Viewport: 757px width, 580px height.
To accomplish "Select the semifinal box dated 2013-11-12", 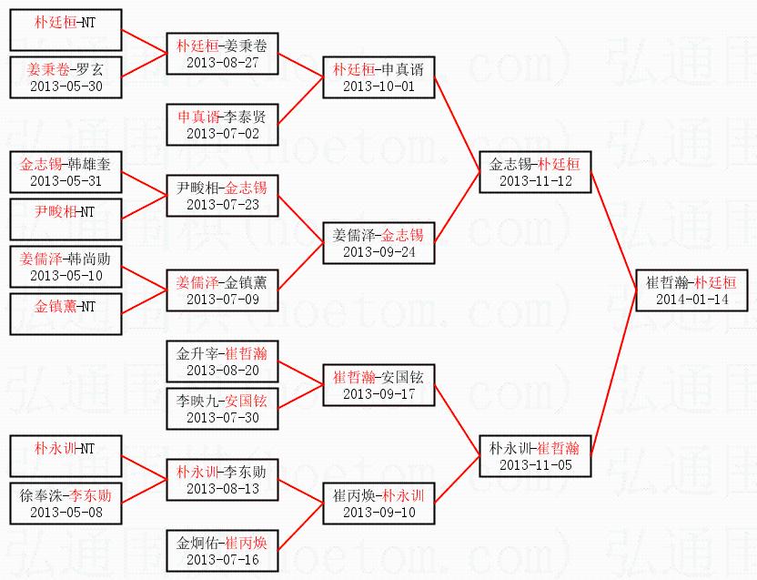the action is [536, 172].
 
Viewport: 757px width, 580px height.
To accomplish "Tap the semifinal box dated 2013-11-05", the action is [536, 455].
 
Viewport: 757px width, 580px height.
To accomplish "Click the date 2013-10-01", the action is [378, 86].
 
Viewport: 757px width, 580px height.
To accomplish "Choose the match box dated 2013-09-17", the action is [378, 385].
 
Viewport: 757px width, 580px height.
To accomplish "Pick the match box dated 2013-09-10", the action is [378, 504].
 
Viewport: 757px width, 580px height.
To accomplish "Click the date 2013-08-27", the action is [222, 62].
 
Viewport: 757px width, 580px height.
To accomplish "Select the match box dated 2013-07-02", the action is [222, 125].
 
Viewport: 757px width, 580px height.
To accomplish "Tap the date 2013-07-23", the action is [222, 204].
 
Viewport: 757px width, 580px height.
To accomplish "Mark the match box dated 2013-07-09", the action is [222, 290].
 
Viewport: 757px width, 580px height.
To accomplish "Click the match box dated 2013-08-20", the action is [222, 361].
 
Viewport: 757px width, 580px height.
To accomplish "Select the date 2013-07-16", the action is [222, 559].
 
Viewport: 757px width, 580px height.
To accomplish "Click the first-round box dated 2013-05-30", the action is [66, 77].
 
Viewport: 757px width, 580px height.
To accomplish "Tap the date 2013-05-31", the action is [66, 180].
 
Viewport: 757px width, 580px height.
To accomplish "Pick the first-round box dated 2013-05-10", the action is [66, 267].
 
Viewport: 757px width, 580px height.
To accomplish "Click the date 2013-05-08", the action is [66, 511].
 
